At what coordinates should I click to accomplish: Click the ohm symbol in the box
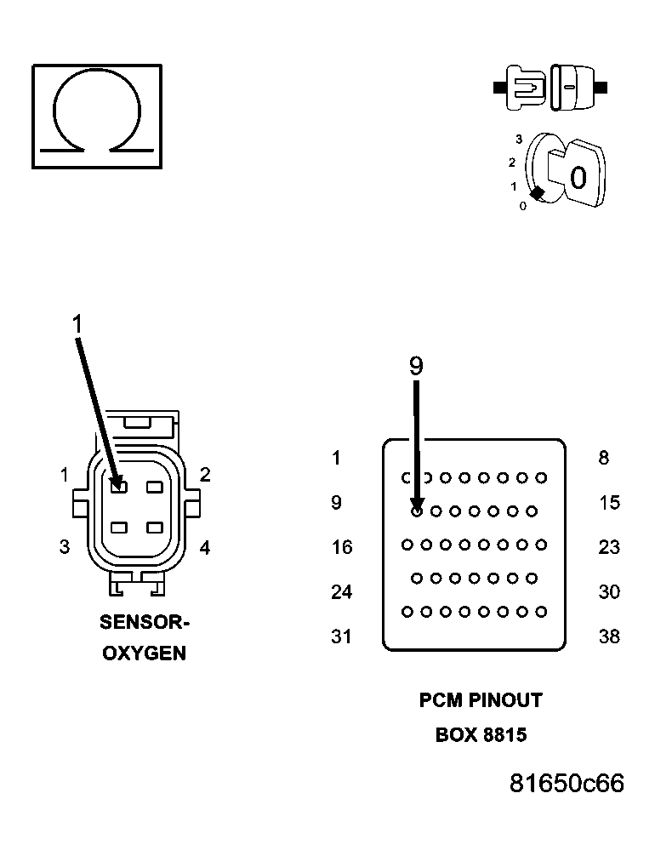pos(97,115)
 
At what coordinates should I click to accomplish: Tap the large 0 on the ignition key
pos(578,178)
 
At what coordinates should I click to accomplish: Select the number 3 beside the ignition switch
pos(518,139)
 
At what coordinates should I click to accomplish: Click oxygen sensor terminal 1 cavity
pos(119,487)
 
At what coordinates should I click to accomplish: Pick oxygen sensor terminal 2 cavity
pos(154,487)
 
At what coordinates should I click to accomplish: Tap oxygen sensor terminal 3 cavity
pos(119,528)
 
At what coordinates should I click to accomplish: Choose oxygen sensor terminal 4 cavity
pos(154,528)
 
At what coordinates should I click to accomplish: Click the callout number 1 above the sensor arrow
pos(77,324)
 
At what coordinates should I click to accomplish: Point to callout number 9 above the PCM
pos(415,366)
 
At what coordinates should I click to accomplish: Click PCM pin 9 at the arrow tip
pos(417,511)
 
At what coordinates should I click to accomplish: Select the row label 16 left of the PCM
pos(341,547)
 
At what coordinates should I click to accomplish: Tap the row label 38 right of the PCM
pos(609,636)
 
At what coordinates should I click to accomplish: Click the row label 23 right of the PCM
pos(609,547)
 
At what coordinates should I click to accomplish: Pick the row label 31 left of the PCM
pos(341,636)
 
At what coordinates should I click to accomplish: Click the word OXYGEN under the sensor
pos(144,654)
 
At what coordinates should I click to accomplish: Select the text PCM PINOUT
pos(481,700)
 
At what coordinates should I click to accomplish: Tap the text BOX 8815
pos(481,734)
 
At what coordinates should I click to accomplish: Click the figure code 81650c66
pos(567,783)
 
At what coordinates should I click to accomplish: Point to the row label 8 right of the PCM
pos(604,458)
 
